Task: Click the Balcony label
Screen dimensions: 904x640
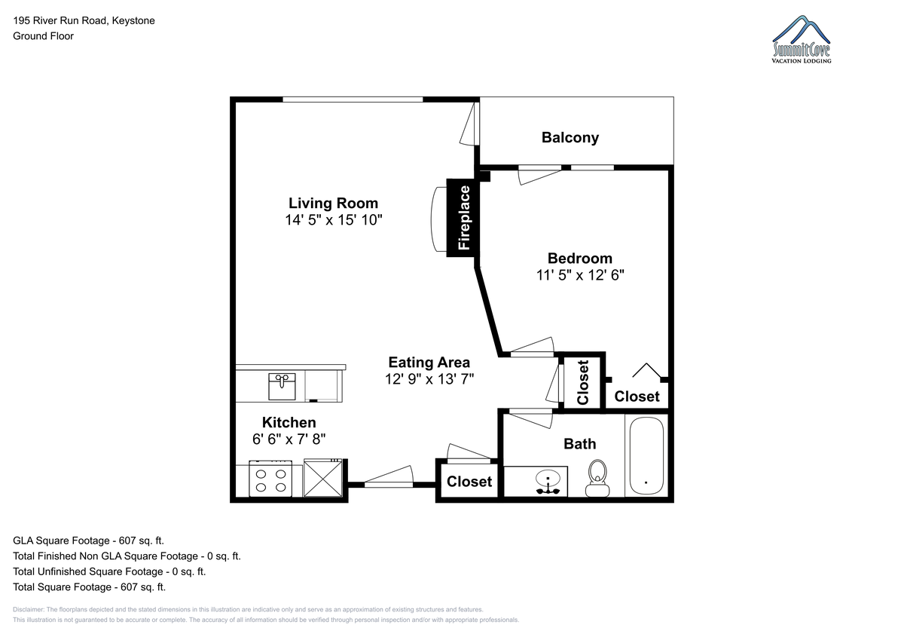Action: click(570, 138)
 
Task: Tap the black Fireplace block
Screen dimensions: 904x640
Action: click(463, 218)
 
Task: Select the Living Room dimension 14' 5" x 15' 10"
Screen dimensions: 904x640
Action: click(333, 220)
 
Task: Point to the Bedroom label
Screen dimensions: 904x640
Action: click(580, 258)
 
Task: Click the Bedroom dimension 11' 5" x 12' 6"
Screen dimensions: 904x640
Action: click(580, 275)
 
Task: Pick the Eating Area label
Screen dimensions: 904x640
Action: click(429, 363)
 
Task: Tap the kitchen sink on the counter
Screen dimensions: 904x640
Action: click(282, 387)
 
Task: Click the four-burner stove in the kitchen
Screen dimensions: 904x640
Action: click(270, 479)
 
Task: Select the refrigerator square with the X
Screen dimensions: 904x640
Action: click(323, 478)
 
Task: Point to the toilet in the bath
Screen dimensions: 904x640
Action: click(597, 478)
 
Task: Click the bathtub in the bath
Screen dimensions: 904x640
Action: click(646, 455)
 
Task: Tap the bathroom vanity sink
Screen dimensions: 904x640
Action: click(548, 480)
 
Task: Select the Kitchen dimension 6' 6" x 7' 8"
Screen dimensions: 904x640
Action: click(289, 439)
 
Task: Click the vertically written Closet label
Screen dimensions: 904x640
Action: click(583, 382)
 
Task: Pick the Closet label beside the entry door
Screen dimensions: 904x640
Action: click(469, 481)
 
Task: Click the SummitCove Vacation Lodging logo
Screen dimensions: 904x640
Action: click(802, 39)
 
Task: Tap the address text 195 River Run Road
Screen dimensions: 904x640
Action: click(60, 20)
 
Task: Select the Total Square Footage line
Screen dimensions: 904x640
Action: click(89, 586)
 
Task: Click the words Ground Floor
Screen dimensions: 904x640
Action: click(43, 36)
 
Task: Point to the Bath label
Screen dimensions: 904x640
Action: click(579, 444)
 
